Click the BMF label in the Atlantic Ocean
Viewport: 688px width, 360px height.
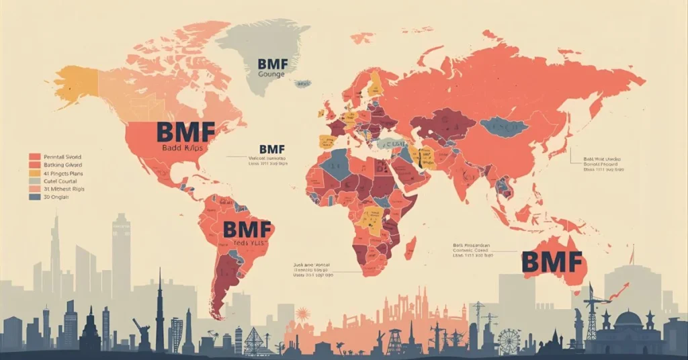(272, 149)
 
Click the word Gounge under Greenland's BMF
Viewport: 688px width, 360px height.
(272, 75)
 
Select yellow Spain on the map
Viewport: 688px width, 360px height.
(327, 140)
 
